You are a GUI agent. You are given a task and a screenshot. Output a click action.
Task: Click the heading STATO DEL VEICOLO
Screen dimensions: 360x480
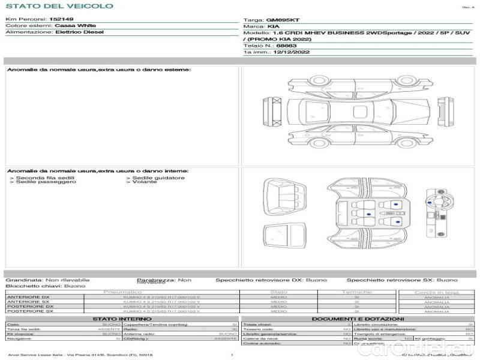point(59,6)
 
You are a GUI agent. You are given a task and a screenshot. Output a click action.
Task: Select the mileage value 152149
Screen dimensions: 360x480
point(61,20)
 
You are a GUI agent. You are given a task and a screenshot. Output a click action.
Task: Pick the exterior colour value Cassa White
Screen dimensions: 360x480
point(75,26)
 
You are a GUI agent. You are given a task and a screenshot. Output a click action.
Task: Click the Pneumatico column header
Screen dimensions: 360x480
point(123,292)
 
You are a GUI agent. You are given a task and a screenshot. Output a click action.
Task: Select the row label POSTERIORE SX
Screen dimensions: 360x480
point(29,311)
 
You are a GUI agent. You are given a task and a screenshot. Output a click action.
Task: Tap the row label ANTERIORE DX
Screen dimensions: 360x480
point(29,297)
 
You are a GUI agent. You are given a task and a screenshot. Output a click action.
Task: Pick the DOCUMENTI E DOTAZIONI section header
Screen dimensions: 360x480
point(357,319)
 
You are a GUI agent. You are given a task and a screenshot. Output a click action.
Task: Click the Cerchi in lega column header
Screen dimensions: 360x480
point(436,292)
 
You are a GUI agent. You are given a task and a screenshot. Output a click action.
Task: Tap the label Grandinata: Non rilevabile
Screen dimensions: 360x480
point(47,280)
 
